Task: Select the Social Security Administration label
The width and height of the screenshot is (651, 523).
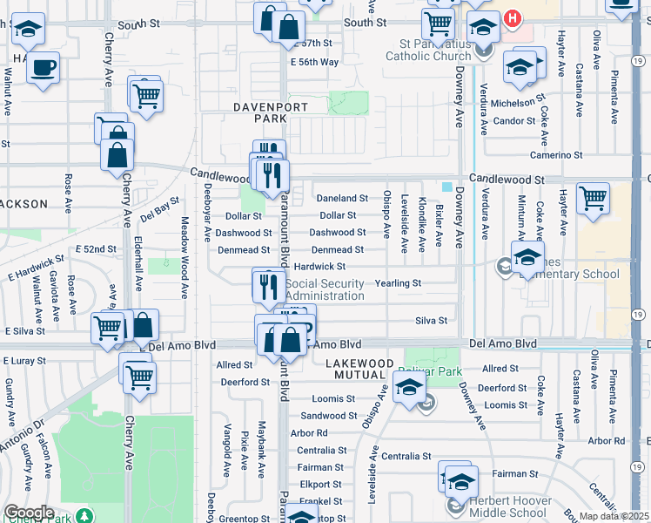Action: point(325,289)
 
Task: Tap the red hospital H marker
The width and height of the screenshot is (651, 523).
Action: point(513,17)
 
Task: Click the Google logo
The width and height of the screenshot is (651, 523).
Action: point(29,512)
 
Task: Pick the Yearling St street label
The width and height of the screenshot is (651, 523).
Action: point(398,283)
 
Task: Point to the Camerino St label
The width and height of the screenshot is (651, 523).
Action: point(558,155)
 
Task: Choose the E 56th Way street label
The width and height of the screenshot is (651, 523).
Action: point(313,62)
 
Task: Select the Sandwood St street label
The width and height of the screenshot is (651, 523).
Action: point(328,416)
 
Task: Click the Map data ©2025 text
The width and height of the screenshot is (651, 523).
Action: point(614,516)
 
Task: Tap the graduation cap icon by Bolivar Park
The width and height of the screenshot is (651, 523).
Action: point(409,385)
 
